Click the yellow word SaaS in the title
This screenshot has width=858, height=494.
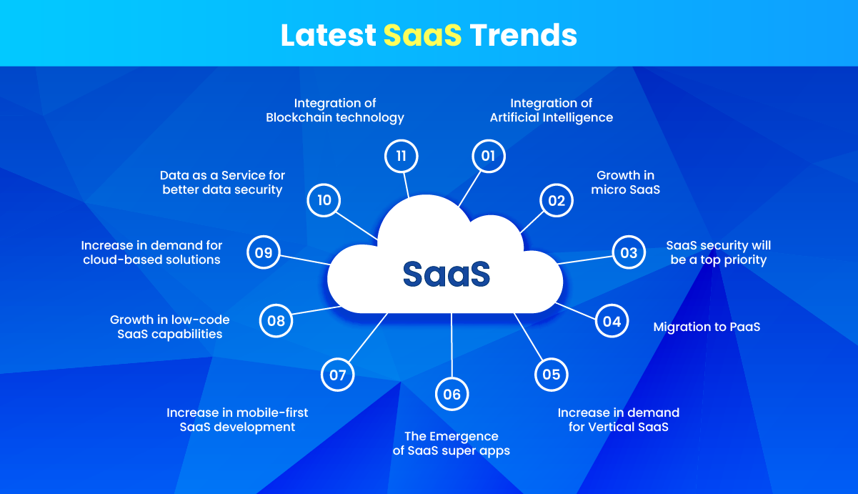point(422,35)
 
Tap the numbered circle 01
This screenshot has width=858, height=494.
point(489,156)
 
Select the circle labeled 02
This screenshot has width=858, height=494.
point(557,201)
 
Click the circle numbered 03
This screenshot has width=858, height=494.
point(629,252)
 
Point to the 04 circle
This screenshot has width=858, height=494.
point(612,321)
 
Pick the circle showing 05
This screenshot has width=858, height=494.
point(551,375)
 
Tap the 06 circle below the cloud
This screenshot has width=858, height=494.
point(452,394)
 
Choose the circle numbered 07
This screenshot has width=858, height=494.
point(338,375)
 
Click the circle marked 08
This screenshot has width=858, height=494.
point(276,321)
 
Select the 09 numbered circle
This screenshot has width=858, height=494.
point(264,252)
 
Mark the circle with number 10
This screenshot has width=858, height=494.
point(324,200)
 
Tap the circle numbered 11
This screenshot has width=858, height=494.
point(401,156)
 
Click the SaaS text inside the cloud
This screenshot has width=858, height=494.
point(447,274)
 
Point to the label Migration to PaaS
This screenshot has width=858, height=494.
point(707,327)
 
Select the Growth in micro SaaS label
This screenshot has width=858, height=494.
point(625,182)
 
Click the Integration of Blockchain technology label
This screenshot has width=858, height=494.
point(335,110)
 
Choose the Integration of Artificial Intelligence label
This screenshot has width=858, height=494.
point(551,110)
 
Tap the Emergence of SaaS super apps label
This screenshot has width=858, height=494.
point(452,443)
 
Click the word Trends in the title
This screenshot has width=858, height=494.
point(523,35)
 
